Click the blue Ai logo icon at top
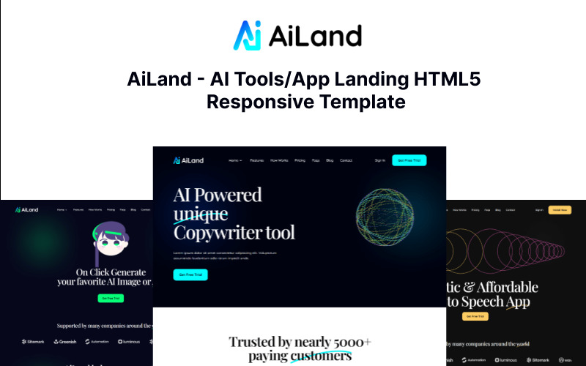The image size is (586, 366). point(247,35)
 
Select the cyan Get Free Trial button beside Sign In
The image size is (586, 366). point(409,160)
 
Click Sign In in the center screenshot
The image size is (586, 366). point(379,160)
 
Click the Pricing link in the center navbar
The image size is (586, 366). point(300,160)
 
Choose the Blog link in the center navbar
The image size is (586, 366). point(330,160)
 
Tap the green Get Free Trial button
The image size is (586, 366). point(110,298)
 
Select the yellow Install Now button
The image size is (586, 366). point(560,210)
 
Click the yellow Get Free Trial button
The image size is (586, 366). point(475,316)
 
